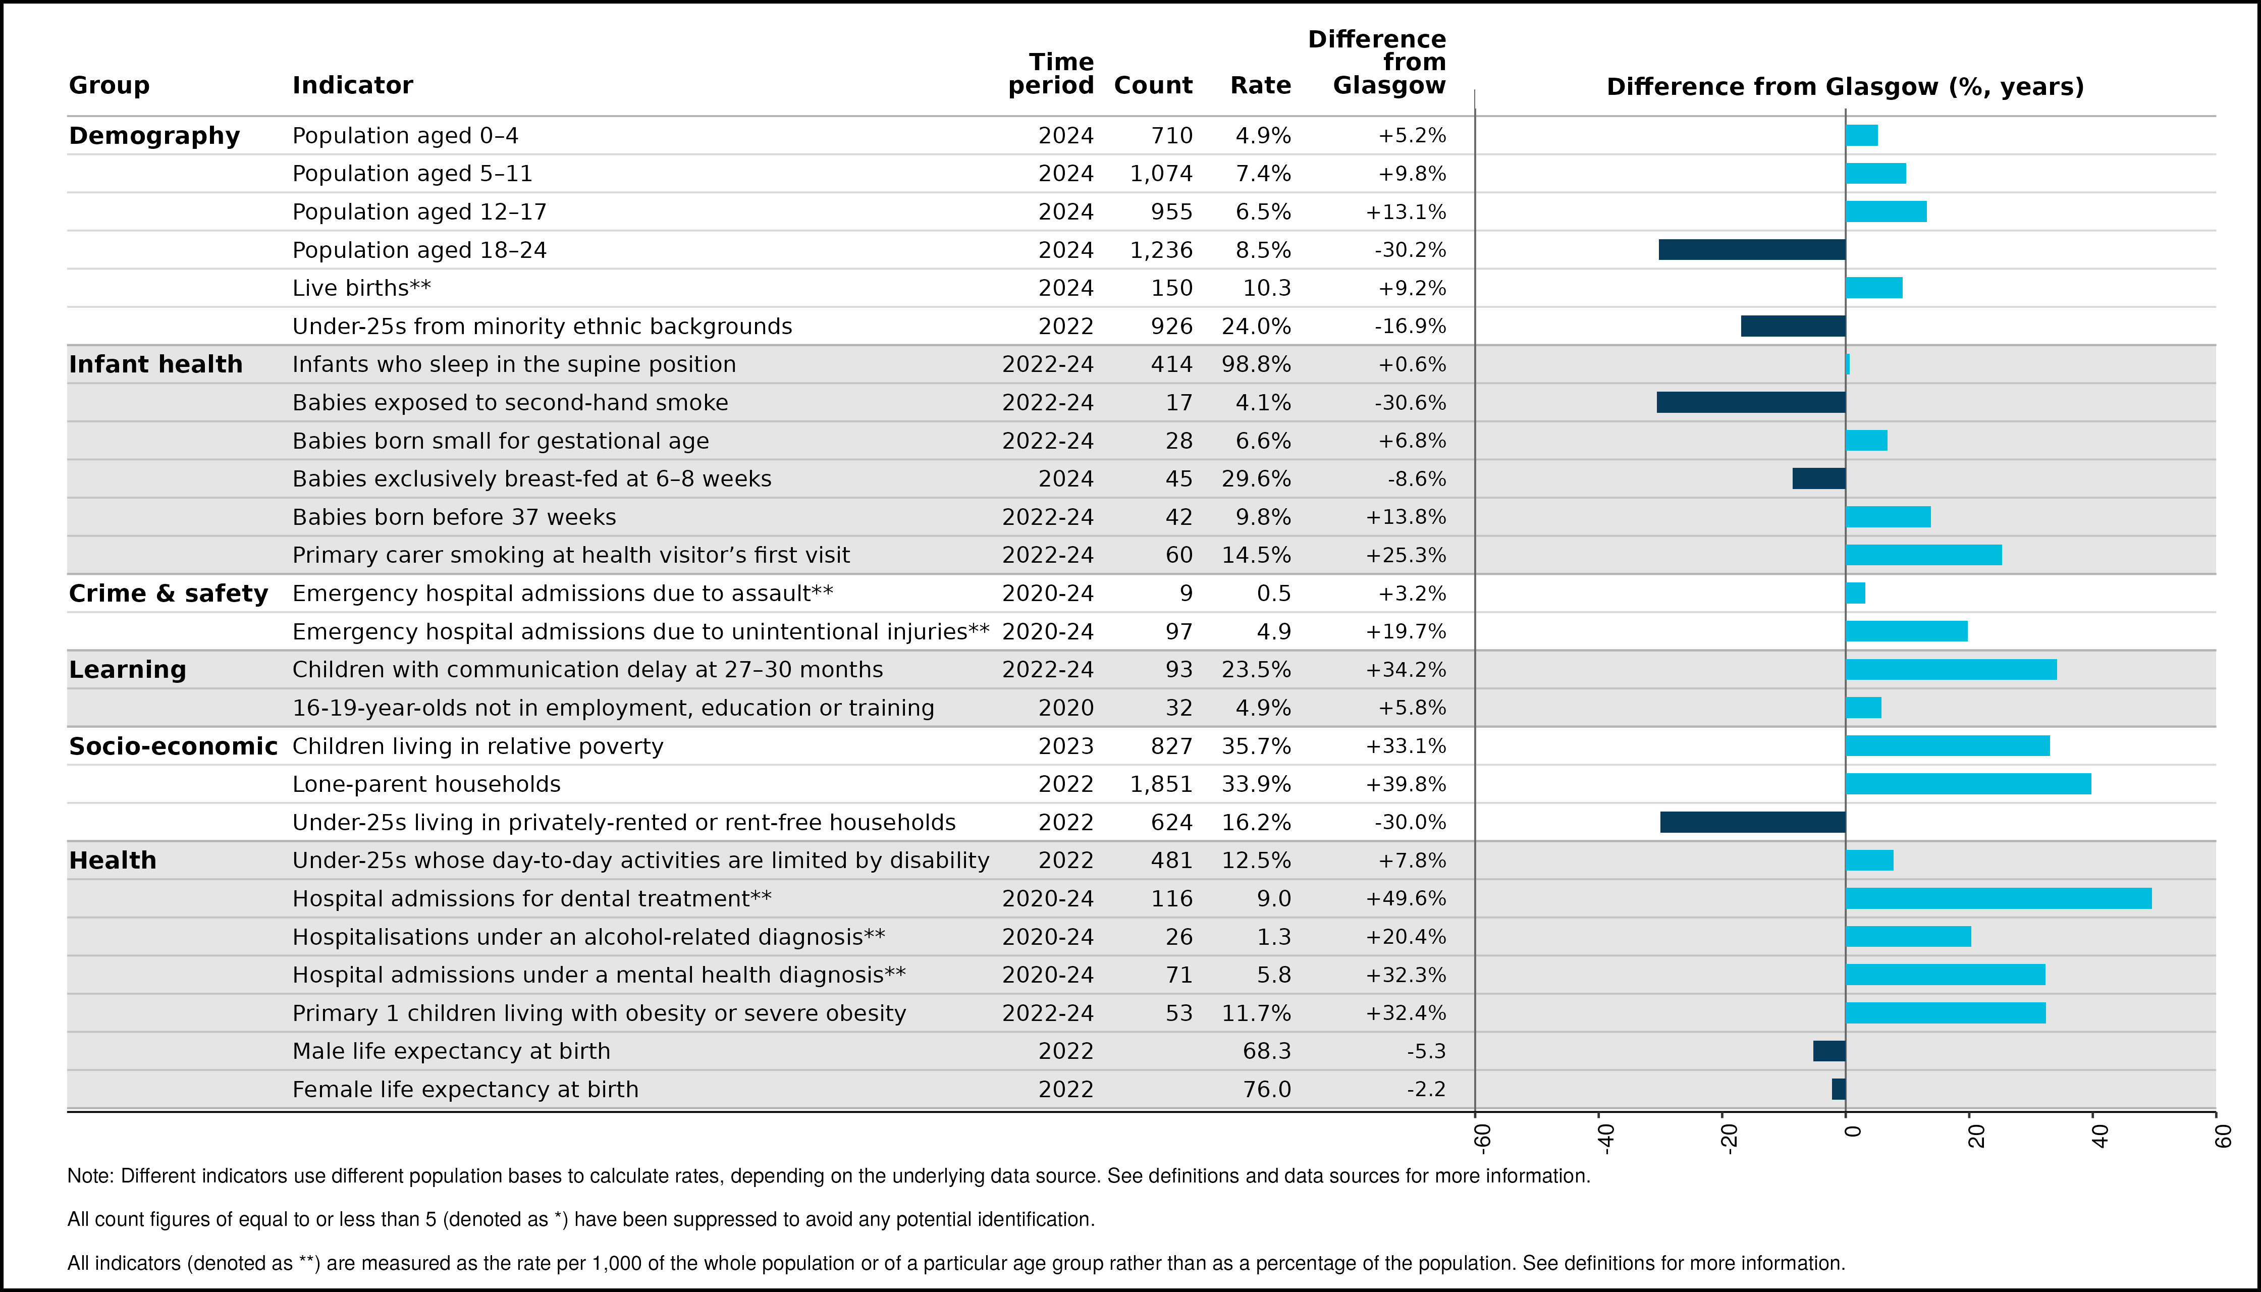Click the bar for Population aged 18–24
[1752, 249]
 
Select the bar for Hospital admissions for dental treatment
[1999, 898]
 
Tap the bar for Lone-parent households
[1968, 784]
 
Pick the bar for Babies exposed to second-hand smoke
[1751, 402]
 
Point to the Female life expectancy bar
[1839, 1089]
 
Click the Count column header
[1153, 85]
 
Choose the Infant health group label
[155, 364]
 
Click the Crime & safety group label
[169, 593]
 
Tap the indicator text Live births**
[361, 288]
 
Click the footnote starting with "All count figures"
[581, 1219]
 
